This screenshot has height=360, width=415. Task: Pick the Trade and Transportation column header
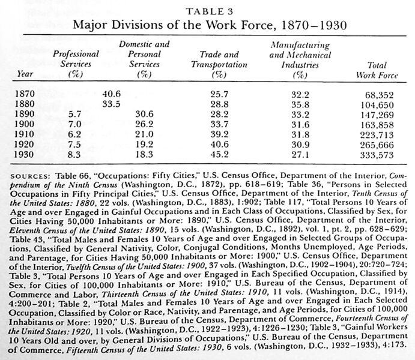click(219, 64)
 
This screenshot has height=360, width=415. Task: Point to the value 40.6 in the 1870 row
click(112, 94)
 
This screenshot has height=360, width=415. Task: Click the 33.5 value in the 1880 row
click(112, 104)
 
